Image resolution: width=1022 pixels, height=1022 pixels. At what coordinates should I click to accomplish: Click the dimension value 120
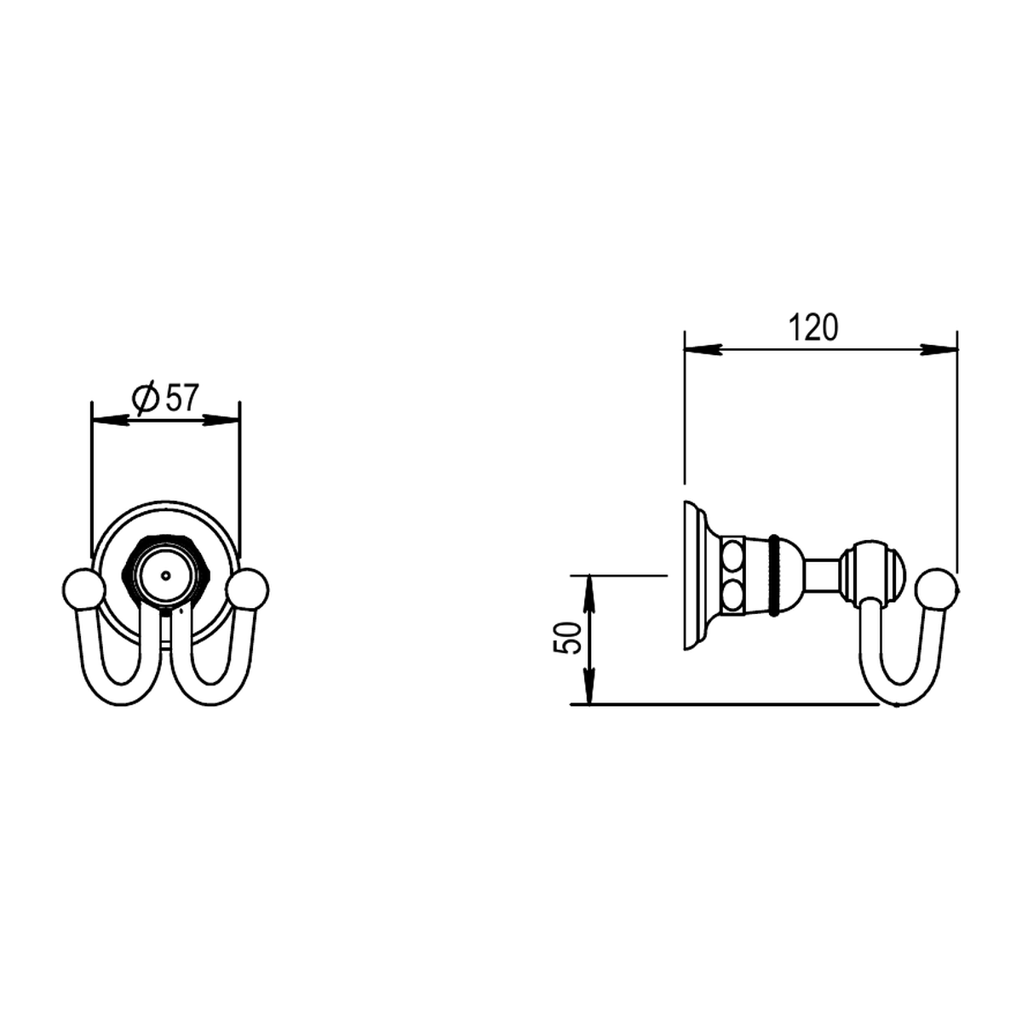click(x=813, y=327)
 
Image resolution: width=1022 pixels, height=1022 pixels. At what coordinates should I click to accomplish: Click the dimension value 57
click(x=182, y=398)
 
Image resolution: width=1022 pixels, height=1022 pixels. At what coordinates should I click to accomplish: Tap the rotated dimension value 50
click(x=567, y=638)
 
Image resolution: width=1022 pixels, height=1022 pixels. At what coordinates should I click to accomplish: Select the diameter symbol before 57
click(x=145, y=398)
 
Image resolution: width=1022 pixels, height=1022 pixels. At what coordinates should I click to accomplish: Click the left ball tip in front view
click(x=83, y=589)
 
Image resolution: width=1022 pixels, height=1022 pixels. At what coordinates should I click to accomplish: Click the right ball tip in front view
click(x=247, y=589)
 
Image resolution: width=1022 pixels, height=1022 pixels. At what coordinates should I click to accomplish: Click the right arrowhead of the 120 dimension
click(x=939, y=349)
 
